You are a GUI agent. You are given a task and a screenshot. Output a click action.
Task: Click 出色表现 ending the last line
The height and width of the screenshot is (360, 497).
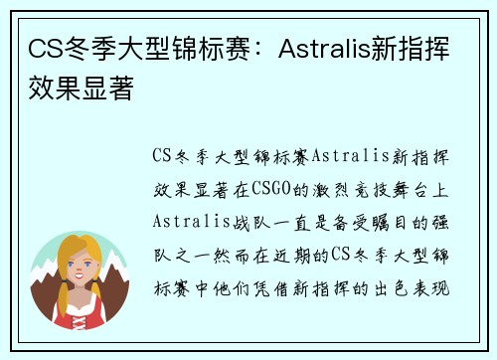[417, 289]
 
